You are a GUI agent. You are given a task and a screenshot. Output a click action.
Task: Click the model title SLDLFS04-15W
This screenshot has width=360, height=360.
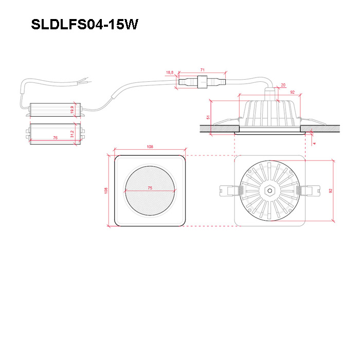point(84,24)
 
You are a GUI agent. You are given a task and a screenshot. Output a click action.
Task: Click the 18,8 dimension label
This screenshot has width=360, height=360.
point(170,73)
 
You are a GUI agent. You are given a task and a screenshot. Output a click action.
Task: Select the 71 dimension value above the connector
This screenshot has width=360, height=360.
point(202,70)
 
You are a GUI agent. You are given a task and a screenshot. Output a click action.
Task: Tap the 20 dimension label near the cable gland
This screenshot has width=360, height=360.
point(283,85)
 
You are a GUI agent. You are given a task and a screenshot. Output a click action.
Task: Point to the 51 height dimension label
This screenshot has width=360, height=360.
point(208,117)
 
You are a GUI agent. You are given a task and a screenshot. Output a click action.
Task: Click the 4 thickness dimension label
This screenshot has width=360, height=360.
point(314,143)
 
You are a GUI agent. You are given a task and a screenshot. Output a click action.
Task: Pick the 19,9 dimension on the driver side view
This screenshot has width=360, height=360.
point(73,110)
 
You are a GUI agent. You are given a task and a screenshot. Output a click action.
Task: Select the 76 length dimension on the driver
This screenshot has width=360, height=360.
point(56,138)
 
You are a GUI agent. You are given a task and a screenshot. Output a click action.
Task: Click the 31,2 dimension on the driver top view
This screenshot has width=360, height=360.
point(73,134)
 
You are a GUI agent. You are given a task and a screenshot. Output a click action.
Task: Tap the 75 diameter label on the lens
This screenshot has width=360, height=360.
point(150,188)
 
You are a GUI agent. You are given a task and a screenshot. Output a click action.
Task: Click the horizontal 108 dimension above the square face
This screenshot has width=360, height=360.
point(150,147)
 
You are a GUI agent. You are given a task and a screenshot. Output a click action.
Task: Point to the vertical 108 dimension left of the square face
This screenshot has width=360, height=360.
point(106,191)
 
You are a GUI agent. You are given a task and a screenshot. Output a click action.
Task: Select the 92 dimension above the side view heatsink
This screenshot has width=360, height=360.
point(292,92)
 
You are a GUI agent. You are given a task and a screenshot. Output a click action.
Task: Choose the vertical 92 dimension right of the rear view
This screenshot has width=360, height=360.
point(330,191)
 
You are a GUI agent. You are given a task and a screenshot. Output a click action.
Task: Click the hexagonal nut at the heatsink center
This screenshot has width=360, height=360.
point(270,191)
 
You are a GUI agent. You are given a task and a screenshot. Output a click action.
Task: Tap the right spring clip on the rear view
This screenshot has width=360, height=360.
point(308,191)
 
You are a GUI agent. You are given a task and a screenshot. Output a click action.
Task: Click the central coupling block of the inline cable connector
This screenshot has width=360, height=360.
point(202,82)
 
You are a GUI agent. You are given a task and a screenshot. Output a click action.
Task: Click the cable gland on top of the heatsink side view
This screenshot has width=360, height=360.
point(271,94)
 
